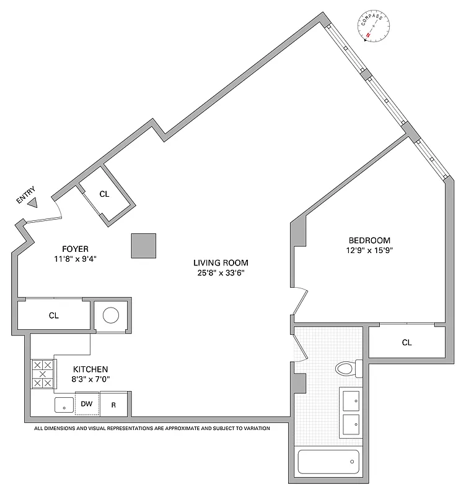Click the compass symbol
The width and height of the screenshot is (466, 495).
(x=375, y=27)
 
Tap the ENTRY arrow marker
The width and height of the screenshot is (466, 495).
(x=33, y=202)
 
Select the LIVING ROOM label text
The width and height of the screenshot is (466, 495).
(x=220, y=263)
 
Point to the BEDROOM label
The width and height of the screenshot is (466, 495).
(x=369, y=241)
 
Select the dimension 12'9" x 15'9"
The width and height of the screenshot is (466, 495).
(x=370, y=251)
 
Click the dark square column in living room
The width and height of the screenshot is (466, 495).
(x=144, y=246)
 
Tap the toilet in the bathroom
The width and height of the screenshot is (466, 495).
(x=345, y=369)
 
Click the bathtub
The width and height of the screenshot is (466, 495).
(x=328, y=462)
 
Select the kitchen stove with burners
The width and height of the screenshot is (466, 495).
(x=43, y=374)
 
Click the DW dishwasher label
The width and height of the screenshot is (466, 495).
(x=87, y=404)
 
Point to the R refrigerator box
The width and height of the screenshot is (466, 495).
(x=113, y=405)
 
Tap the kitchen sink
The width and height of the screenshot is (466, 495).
(x=63, y=405)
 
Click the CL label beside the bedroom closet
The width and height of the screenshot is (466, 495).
(x=407, y=342)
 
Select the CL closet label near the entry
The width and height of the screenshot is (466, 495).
(x=104, y=194)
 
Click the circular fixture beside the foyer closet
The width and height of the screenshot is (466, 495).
(x=111, y=316)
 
